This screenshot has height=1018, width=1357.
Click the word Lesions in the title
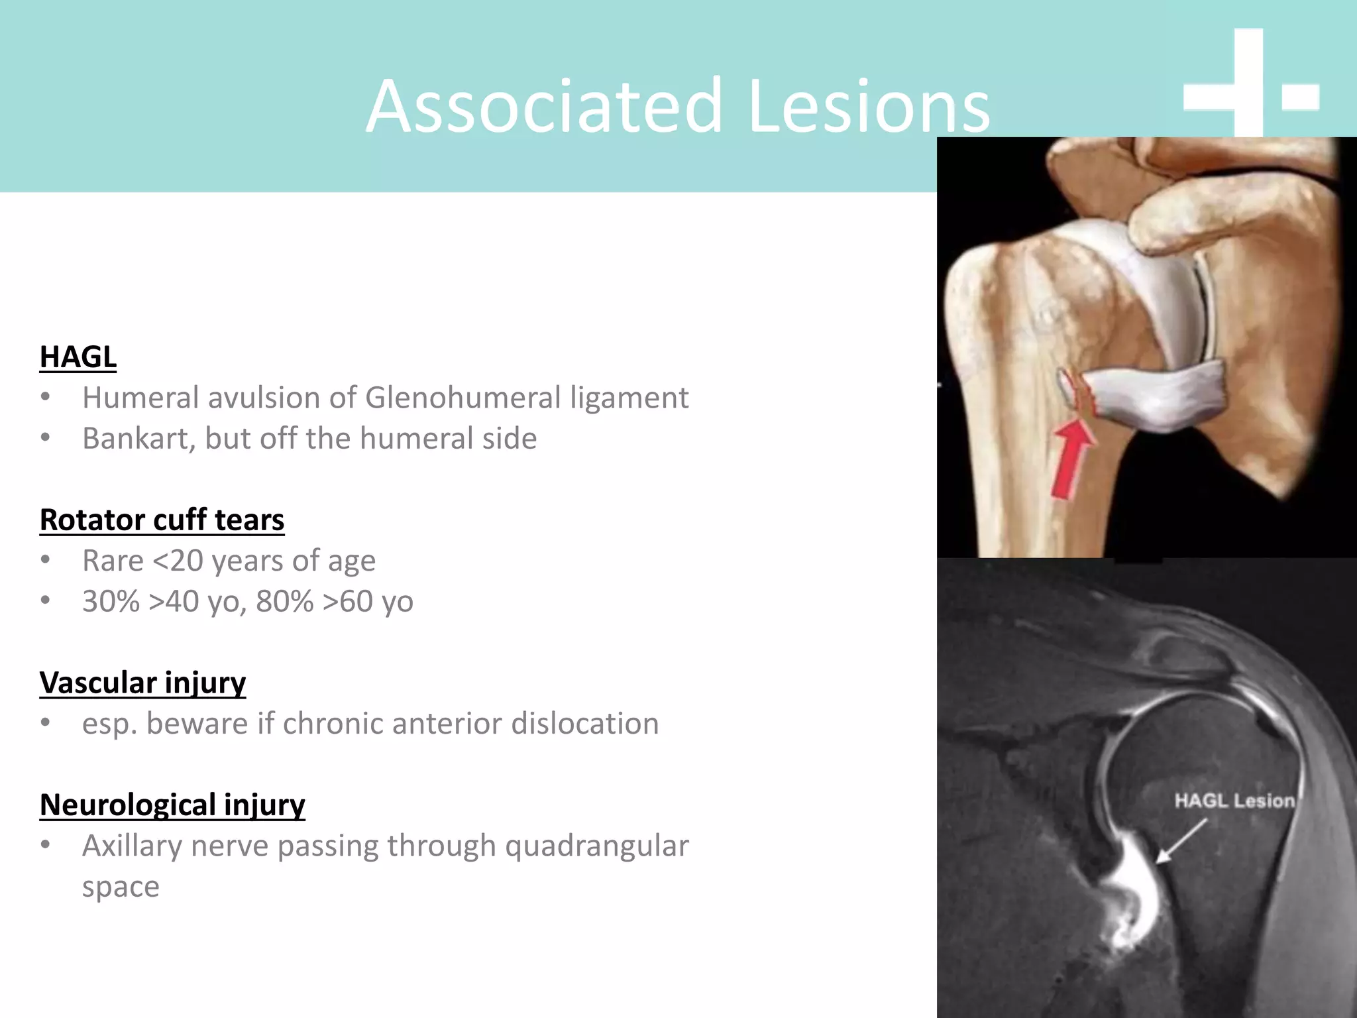pos(869,106)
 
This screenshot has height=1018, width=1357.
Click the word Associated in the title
pos(544,106)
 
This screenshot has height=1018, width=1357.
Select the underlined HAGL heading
pos(78,357)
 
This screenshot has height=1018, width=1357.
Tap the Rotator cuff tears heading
pos(162,520)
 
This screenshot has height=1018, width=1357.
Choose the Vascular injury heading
pos(142,683)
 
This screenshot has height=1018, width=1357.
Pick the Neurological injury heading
pos(172,805)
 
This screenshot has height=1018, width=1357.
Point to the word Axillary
pos(132,846)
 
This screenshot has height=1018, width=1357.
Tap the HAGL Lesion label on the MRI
pos(1234,801)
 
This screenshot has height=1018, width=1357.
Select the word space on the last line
pos(121,887)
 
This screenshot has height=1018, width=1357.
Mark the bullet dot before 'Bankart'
pos(45,438)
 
